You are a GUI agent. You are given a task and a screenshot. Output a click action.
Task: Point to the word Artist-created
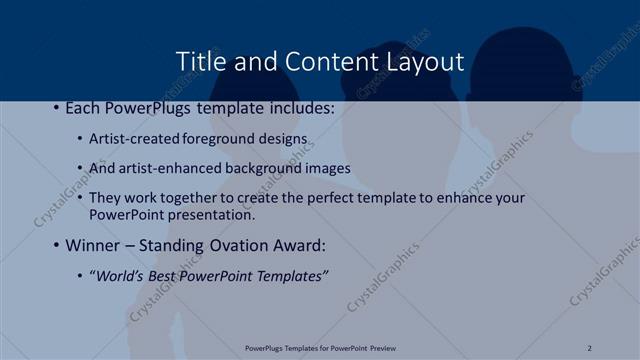[x=135, y=138]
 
